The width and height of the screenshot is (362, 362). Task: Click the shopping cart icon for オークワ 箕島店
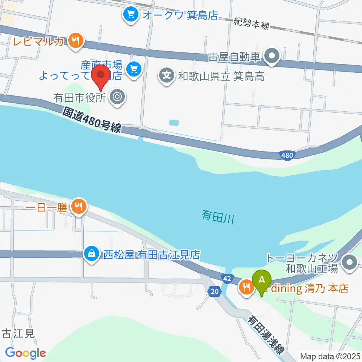130,15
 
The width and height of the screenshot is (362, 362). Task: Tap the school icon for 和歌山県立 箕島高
166,76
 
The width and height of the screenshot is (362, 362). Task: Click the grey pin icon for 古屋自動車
272,57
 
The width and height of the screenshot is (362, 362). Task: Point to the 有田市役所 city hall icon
117,98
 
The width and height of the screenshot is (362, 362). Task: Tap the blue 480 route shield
288,155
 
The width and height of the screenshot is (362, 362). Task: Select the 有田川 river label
218,216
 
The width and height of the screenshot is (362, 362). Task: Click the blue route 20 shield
214,291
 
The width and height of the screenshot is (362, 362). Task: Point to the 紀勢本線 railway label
251,23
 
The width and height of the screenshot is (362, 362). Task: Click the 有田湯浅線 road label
266,335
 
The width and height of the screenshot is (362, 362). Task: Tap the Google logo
25,353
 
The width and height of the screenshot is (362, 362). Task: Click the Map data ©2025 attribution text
330,356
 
